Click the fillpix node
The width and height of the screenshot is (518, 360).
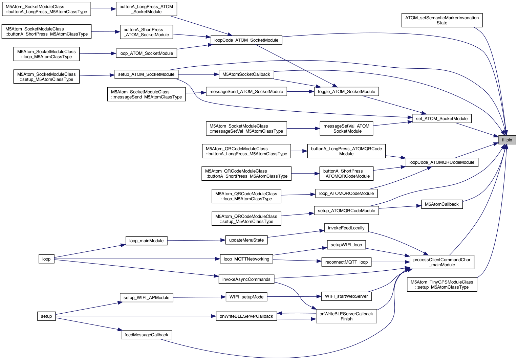(507, 140)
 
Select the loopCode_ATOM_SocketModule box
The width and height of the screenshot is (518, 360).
(246, 40)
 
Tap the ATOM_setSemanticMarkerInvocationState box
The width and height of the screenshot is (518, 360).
(442, 20)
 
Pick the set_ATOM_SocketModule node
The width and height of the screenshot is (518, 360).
(441, 118)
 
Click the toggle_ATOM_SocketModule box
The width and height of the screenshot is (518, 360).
(346, 91)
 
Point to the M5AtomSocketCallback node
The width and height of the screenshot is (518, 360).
(246, 74)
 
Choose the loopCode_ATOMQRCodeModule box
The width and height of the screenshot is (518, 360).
(441, 162)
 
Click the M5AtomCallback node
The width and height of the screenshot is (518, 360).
(441, 204)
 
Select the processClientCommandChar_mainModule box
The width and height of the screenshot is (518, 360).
(441, 262)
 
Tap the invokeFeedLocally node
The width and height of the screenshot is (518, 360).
(346, 228)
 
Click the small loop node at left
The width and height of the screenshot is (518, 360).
(46, 259)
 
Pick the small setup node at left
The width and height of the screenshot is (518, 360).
(46, 316)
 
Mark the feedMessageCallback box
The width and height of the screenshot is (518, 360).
(146, 335)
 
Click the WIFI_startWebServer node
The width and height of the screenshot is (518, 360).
(346, 296)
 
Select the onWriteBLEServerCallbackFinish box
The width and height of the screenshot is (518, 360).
(346, 316)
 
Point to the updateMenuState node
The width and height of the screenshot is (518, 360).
(246, 240)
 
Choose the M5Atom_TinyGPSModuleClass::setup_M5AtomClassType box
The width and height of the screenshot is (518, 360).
(442, 285)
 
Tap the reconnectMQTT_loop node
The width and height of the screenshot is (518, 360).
(346, 262)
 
